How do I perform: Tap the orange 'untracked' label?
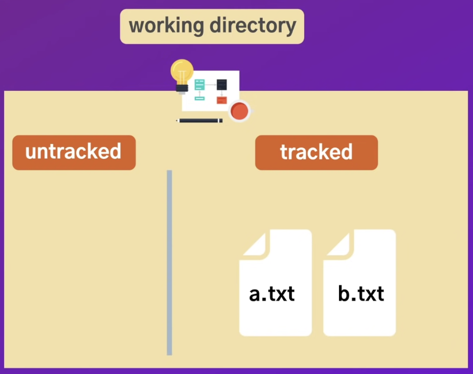click(x=74, y=152)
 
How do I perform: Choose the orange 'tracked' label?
click(x=316, y=152)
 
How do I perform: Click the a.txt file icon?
click(x=275, y=308)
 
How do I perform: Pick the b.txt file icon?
click(x=359, y=308)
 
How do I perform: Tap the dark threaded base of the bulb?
click(x=182, y=88)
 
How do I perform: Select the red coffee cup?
click(x=240, y=111)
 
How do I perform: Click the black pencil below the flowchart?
click(x=200, y=121)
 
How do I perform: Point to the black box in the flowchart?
click(x=221, y=84)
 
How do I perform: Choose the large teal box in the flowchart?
click(x=200, y=84)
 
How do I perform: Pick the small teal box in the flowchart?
click(x=200, y=99)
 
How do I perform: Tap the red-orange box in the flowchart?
click(x=221, y=100)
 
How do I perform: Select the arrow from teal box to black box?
click(x=210, y=84)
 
